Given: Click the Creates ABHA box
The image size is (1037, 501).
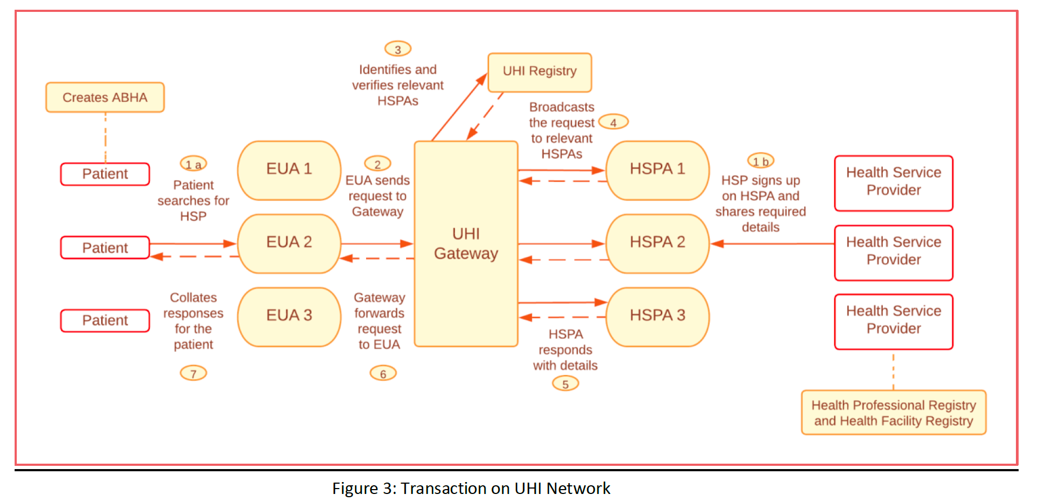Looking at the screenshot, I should [x=105, y=97].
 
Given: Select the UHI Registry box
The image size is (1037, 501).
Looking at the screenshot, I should [x=540, y=71].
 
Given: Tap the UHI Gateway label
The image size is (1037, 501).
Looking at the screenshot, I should [x=466, y=243].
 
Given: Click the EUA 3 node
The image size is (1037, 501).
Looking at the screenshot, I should [x=289, y=316].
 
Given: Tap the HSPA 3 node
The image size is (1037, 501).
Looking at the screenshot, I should [x=657, y=316].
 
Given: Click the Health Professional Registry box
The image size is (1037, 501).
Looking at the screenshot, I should [x=894, y=413].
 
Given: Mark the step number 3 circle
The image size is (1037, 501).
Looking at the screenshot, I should [x=398, y=49].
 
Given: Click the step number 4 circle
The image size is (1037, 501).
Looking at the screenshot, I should [x=614, y=122].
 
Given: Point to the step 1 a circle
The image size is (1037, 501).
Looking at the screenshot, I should [x=194, y=164].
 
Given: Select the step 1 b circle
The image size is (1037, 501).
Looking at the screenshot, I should [x=761, y=161].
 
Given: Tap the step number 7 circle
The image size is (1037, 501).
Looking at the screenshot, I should [x=194, y=373].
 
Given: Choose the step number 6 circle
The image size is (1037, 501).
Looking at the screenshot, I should [x=383, y=373].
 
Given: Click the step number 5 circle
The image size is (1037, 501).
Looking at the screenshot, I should [x=566, y=384].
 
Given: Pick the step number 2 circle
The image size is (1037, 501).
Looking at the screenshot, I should [x=377, y=164].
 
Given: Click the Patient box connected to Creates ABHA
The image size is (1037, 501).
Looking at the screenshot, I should [x=105, y=174].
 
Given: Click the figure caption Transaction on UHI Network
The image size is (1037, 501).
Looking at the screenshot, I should [x=471, y=489].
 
